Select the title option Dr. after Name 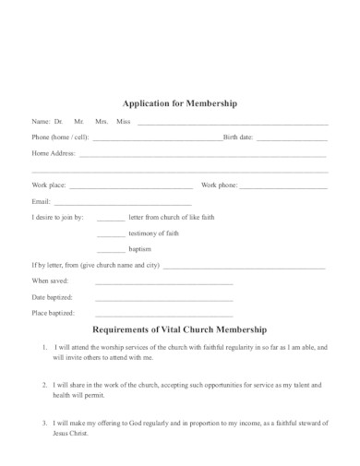58,122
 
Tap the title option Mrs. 101,122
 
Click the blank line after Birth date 292,139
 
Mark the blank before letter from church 110,220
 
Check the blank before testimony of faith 110,235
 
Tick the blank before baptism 110,251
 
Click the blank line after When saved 163,283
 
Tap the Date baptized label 53,296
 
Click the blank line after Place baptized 163,315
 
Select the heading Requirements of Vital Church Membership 180,329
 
